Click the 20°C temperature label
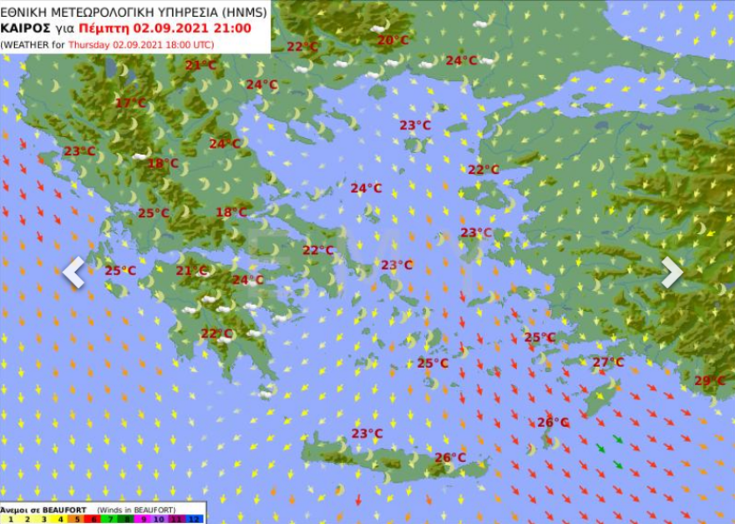(x=393, y=40)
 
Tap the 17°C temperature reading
(x=130, y=104)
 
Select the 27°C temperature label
(x=608, y=362)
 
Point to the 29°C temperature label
(x=710, y=381)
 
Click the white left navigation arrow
(x=73, y=272)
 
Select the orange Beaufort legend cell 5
(x=76, y=519)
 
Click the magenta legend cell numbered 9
(x=143, y=519)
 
